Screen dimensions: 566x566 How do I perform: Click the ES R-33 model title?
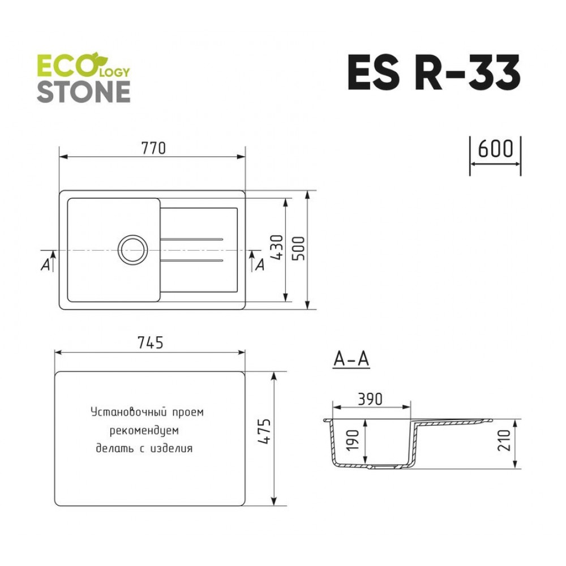pyautogui.click(x=434, y=72)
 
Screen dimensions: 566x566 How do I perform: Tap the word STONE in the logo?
pyautogui.click(x=83, y=92)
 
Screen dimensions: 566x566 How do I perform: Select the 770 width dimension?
pyautogui.click(x=153, y=148)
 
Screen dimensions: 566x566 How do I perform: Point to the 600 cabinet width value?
pyautogui.click(x=495, y=149)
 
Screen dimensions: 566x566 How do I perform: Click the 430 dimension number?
pyautogui.click(x=277, y=247)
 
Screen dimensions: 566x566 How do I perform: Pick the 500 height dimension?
pyautogui.click(x=298, y=248)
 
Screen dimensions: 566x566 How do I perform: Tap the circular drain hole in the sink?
pyautogui.click(x=133, y=249)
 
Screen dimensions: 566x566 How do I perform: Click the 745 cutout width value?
pyautogui.click(x=151, y=342)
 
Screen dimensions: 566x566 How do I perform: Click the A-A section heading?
pyautogui.click(x=351, y=359)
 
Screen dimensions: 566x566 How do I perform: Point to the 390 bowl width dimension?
pyautogui.click(x=370, y=399)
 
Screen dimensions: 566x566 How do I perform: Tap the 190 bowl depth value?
pyautogui.click(x=353, y=440)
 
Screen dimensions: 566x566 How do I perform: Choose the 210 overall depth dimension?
pyautogui.click(x=504, y=440)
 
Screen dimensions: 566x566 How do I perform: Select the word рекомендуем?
pyautogui.click(x=144, y=431)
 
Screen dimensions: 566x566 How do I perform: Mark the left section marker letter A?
pyautogui.click(x=45, y=265)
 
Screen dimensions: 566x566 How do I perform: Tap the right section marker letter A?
pyautogui.click(x=260, y=265)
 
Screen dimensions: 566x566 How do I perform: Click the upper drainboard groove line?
pyautogui.click(x=191, y=239)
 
